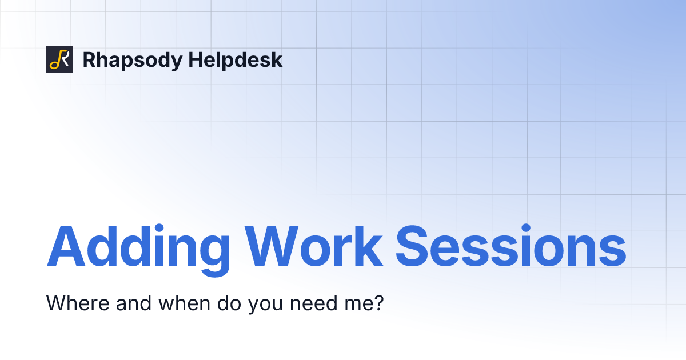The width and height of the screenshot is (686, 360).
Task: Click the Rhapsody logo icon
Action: (x=59, y=59)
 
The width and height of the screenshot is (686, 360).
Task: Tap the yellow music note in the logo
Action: (x=55, y=61)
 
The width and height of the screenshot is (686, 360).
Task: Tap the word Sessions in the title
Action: (x=510, y=246)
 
